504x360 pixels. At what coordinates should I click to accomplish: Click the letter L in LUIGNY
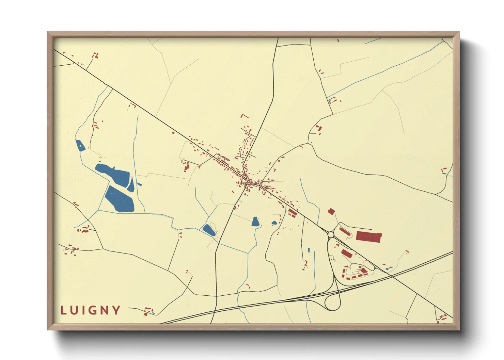(63, 310)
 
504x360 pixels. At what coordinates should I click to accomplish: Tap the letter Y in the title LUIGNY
(117, 310)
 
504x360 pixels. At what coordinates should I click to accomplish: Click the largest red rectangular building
(368, 236)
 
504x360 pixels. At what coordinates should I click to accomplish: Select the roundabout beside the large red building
(330, 234)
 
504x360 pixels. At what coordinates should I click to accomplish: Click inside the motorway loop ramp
(333, 302)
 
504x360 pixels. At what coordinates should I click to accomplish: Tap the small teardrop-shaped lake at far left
(80, 146)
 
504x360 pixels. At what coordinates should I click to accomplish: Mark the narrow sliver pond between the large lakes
(131, 185)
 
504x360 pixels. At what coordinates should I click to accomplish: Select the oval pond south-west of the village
(209, 230)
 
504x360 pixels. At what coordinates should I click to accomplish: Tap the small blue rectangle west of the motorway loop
(309, 250)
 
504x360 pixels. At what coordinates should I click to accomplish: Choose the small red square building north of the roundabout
(331, 212)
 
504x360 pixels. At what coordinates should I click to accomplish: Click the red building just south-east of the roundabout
(346, 253)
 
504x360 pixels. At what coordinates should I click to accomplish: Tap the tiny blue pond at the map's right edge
(444, 174)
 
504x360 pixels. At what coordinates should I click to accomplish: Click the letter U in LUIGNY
(75, 310)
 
